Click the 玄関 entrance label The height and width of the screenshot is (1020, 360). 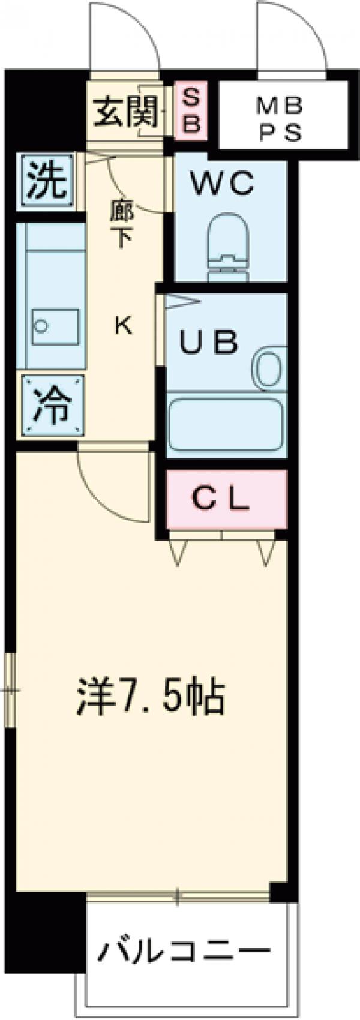(x=127, y=112)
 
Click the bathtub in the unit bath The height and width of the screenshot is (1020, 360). (x=226, y=422)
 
